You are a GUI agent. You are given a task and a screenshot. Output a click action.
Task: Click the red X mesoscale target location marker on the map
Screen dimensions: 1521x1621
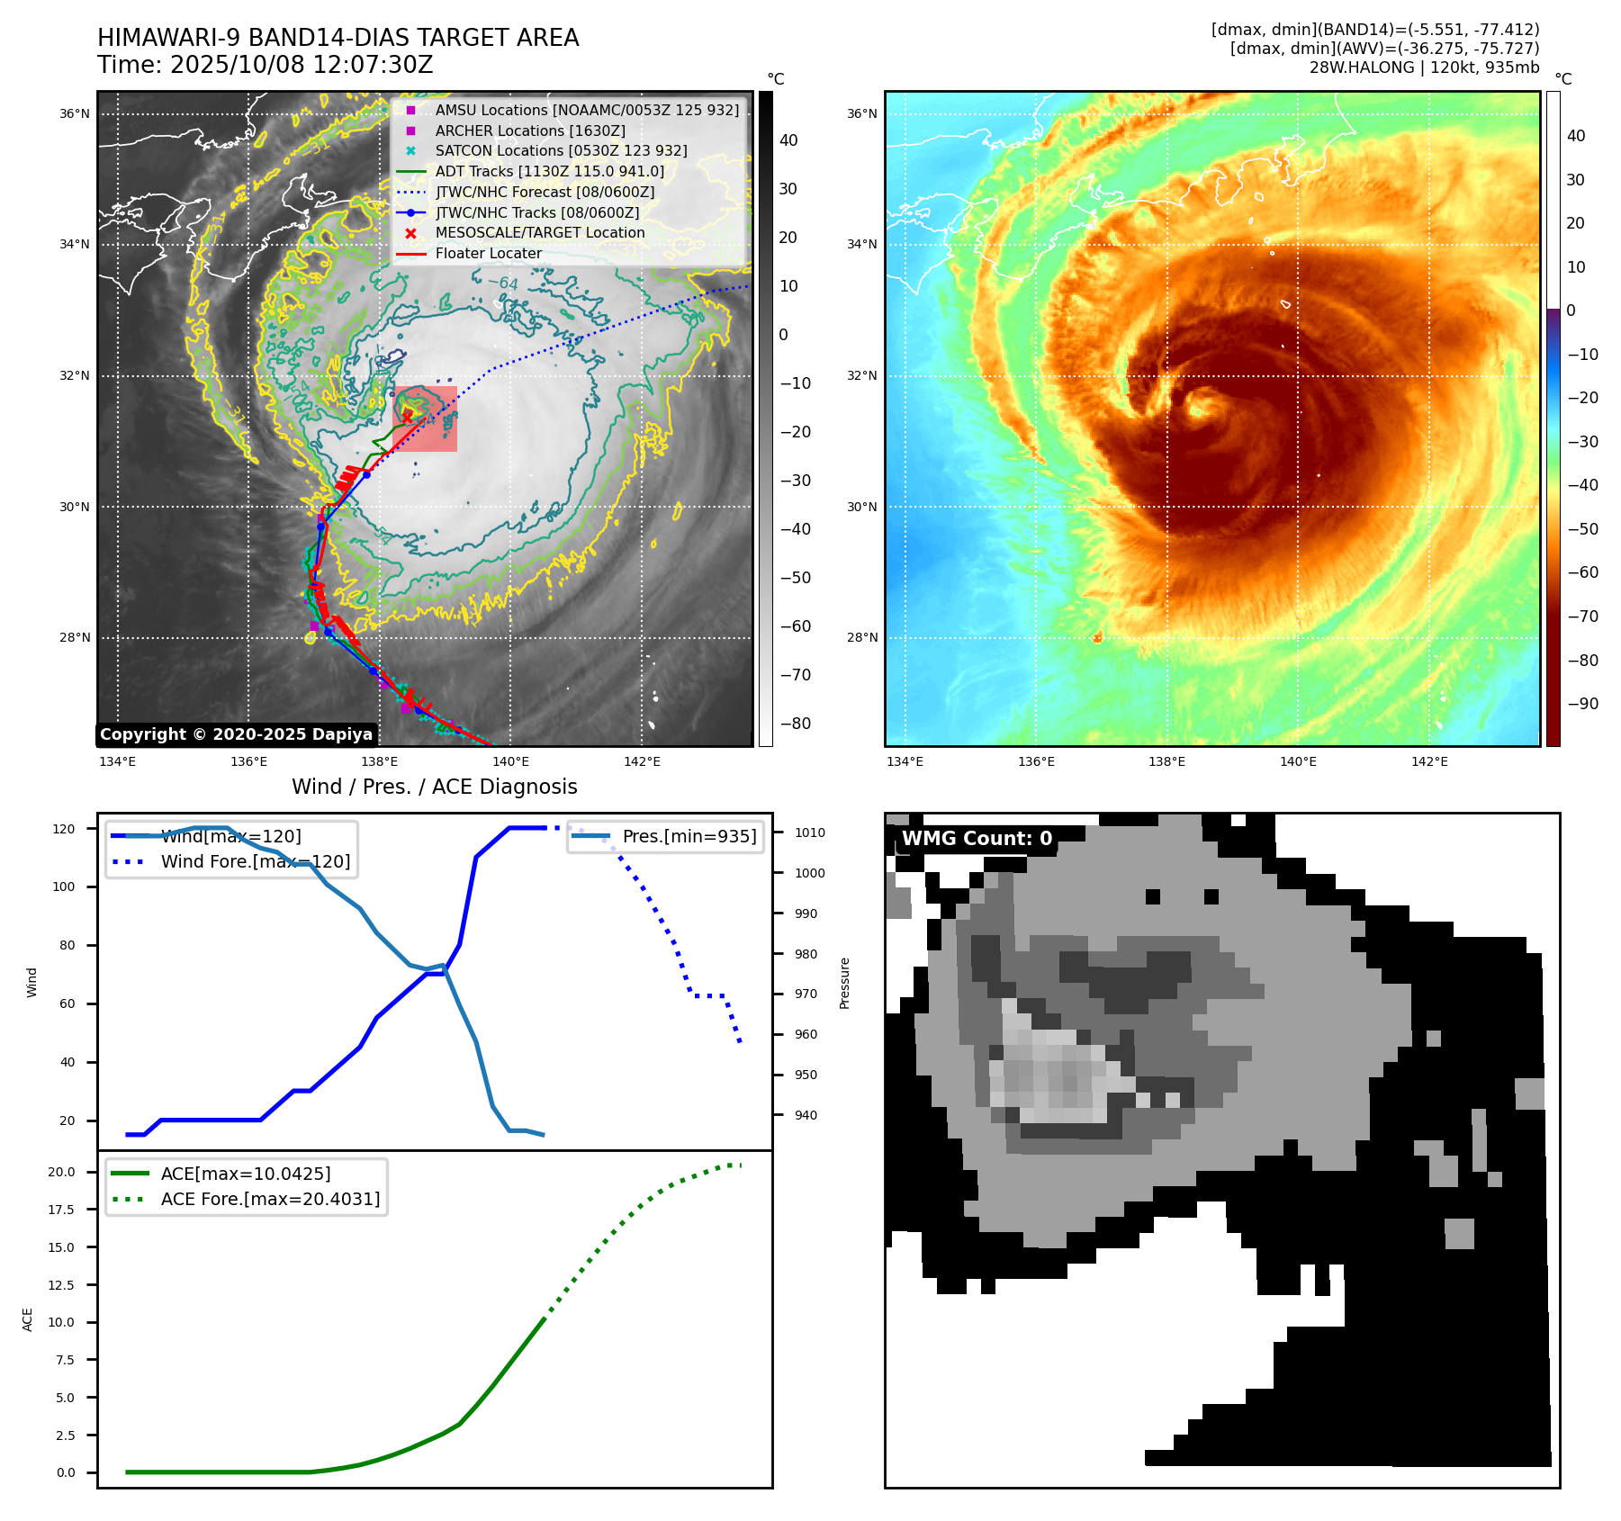point(408,416)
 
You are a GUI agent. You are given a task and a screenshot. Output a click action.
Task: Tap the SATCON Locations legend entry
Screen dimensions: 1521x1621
point(561,150)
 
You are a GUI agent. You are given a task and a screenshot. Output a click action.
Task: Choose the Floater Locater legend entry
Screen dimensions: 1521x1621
point(488,253)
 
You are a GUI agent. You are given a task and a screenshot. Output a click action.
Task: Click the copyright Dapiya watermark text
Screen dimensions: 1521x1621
point(236,734)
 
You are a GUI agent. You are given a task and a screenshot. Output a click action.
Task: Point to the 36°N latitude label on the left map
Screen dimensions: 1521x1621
point(75,114)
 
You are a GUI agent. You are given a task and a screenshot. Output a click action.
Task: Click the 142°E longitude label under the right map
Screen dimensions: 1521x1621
point(1429,761)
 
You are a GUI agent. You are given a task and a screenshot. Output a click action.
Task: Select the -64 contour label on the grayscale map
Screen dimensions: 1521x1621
point(503,283)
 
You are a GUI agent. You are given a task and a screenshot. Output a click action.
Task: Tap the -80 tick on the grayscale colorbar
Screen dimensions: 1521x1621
point(795,724)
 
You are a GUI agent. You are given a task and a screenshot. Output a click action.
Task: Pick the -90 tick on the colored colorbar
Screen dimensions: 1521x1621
point(1582,704)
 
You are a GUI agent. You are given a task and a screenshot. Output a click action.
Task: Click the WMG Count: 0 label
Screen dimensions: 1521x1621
point(977,839)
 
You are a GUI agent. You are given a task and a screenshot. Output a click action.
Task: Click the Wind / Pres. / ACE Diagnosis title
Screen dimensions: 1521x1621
point(435,787)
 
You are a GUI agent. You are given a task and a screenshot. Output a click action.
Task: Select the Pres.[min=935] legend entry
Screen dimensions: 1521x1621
point(689,836)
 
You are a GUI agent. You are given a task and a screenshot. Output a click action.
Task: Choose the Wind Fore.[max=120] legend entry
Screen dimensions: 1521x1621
point(255,861)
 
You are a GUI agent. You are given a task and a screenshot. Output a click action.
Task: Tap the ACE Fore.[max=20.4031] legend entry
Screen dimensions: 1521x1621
point(270,1199)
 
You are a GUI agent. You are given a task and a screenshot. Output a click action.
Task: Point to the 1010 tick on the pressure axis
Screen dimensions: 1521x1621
point(809,832)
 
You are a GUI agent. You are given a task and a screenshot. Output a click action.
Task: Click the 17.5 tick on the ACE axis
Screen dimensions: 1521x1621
point(61,1210)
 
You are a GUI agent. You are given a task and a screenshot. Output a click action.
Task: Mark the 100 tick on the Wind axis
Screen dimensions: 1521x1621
point(64,886)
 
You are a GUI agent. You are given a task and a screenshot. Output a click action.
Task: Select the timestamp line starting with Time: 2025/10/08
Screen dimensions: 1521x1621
point(265,65)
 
